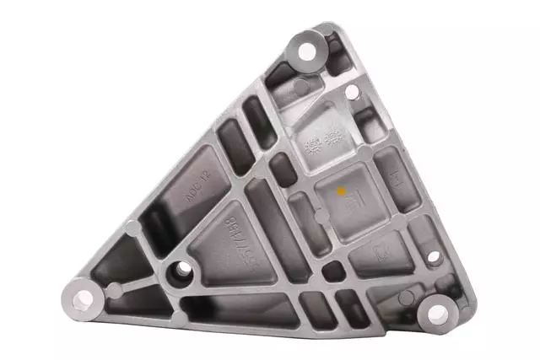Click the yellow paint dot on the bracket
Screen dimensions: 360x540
tap(341, 191)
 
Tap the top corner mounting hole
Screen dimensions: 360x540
tap(307, 51)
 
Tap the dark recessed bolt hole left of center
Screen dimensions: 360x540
tap(181, 271)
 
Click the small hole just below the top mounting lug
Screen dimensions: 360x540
tap(351, 91)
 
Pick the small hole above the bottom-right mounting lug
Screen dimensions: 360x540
tap(433, 256)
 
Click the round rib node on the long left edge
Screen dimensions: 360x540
tap(132, 228)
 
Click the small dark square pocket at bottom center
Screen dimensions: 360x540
tap(334, 271)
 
